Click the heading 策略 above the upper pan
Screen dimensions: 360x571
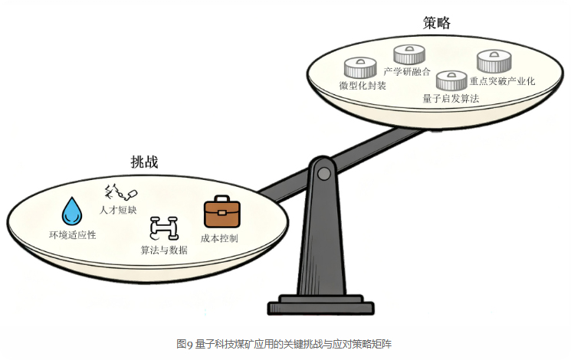pos(436,24)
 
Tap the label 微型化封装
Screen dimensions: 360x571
pos(363,85)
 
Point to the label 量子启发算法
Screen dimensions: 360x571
pos(451,99)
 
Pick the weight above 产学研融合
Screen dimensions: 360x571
pos(409,54)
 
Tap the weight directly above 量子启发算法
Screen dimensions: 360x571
pos(451,80)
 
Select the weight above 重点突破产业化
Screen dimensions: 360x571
pos(494,61)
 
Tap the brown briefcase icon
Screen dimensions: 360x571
pos(222,213)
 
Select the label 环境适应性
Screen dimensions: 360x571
pos(73,234)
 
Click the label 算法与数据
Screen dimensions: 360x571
pos(164,250)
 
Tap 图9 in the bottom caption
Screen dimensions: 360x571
pos(182,344)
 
